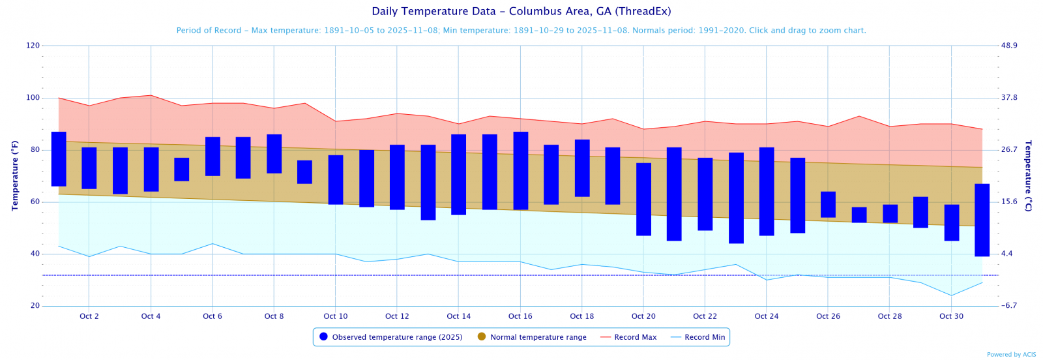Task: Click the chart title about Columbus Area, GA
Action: (x=521, y=11)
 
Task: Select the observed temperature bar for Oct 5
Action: (x=182, y=170)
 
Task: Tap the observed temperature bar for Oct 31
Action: (x=982, y=220)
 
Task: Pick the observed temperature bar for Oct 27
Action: (x=859, y=215)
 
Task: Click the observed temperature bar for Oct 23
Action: (x=736, y=198)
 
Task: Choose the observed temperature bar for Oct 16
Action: (x=521, y=170)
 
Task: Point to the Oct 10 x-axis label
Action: (x=335, y=316)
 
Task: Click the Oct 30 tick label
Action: (x=951, y=316)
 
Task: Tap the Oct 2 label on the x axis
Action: (x=89, y=316)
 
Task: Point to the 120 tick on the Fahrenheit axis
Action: (x=33, y=46)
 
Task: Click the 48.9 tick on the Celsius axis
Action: (x=1009, y=46)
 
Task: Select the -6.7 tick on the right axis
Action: (x=1009, y=306)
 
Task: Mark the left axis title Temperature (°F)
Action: (x=14, y=176)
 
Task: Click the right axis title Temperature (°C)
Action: (x=1028, y=176)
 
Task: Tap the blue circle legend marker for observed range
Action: (x=323, y=337)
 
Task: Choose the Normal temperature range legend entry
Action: (x=538, y=337)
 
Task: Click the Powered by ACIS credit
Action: (x=1011, y=355)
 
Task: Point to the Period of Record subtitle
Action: (x=521, y=31)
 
